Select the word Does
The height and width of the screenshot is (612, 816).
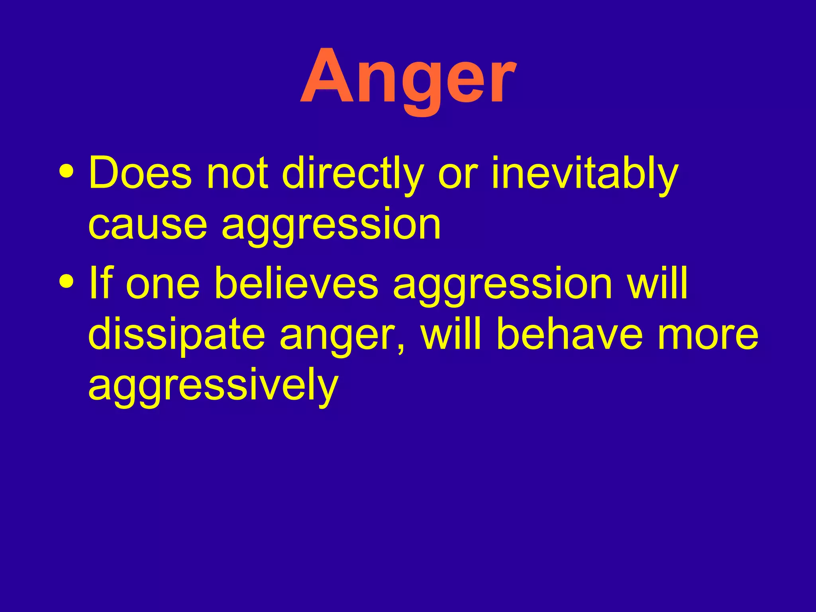point(140,174)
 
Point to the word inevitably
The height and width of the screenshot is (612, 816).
point(584,174)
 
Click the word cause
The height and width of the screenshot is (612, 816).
point(148,225)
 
